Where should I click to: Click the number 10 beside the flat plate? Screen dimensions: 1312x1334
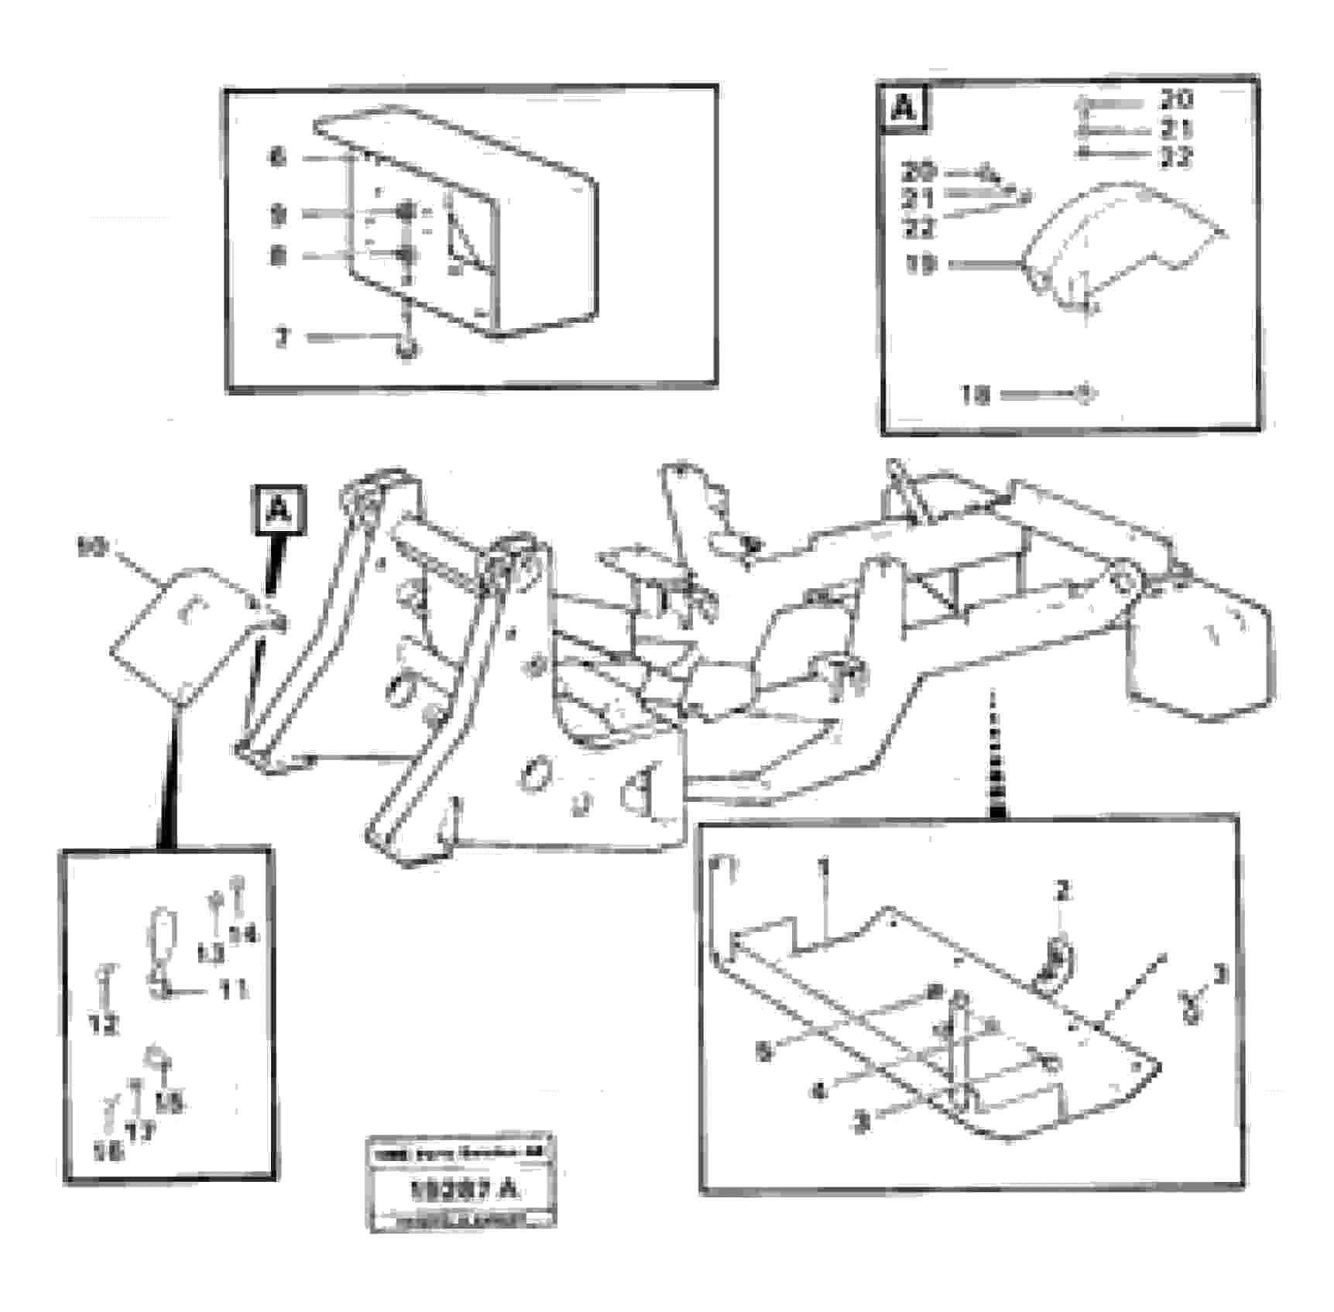(91, 548)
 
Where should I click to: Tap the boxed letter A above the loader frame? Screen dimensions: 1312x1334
(278, 510)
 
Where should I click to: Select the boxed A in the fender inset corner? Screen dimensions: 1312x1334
(904, 108)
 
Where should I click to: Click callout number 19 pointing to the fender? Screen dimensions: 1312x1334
(921, 265)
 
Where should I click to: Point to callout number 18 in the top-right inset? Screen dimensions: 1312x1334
(976, 396)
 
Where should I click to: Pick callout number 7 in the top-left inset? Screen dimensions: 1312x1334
(283, 337)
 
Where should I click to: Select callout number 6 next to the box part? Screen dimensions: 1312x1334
(278, 158)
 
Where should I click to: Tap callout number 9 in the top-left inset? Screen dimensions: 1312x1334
(279, 214)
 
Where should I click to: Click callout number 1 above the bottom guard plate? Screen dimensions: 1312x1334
(824, 867)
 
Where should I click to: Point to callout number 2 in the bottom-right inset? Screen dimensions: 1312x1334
(1062, 891)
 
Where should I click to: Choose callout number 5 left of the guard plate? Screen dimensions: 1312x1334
(764, 1053)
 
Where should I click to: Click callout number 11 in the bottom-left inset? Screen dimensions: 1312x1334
(232, 988)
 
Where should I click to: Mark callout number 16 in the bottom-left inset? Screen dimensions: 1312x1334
(108, 1152)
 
